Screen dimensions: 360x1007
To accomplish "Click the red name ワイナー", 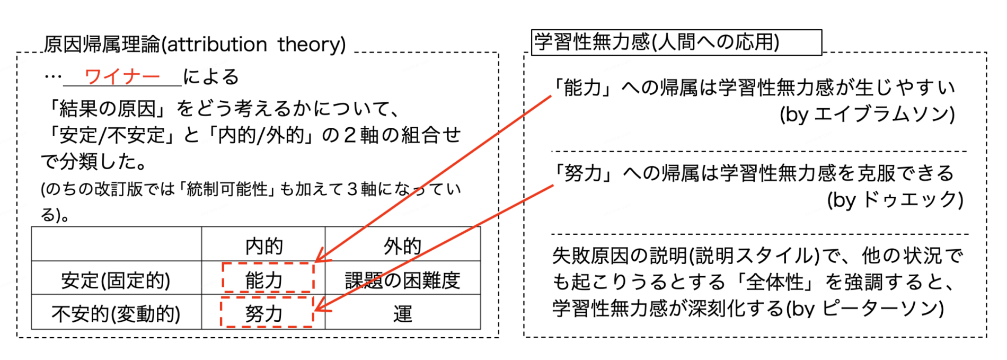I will pyautogui.click(x=122, y=77).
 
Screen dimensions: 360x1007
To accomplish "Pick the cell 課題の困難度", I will pyautogui.click(x=402, y=280).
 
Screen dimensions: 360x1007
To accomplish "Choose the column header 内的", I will pyautogui.click(x=264, y=246).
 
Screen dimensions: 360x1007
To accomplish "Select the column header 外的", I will pyautogui.click(x=402, y=246).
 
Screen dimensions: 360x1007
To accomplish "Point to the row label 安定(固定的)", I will pyautogui.click(x=116, y=280).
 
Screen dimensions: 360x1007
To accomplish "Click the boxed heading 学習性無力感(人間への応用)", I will pyautogui.click(x=657, y=42).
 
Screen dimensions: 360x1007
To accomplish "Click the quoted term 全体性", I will pyautogui.click(x=775, y=282).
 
